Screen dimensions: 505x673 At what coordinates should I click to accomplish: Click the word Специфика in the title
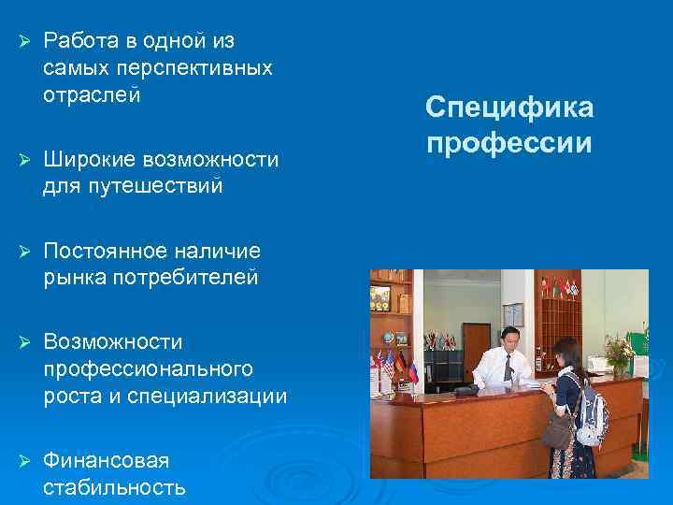tap(509, 108)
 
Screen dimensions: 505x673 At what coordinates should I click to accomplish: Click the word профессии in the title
tap(509, 144)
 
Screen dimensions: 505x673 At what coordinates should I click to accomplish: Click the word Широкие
tap(86, 159)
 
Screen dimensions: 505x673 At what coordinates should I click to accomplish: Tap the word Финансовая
tap(106, 460)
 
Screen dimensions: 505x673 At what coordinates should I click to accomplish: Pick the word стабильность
tap(114, 487)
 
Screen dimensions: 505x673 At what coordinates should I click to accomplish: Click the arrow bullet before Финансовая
tap(25, 460)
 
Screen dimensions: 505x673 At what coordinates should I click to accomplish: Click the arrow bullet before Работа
tap(25, 41)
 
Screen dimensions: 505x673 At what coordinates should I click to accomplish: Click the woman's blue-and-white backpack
tap(591, 416)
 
